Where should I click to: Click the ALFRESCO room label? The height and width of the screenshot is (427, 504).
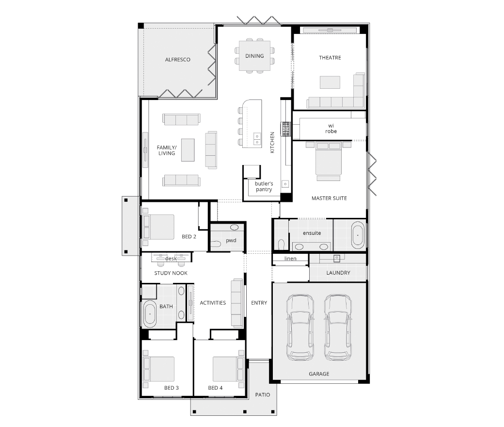(x=177, y=60)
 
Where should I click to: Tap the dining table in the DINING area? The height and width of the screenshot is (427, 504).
(x=254, y=56)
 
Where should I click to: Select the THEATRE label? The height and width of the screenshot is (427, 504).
(x=330, y=58)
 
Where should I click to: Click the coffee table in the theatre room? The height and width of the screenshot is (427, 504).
(x=330, y=82)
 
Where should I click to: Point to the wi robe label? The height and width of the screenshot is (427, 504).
(x=331, y=129)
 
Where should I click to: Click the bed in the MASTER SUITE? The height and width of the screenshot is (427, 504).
(x=328, y=161)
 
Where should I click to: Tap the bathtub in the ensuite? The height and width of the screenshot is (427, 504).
(x=358, y=235)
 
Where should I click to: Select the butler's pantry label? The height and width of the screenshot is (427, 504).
(x=264, y=186)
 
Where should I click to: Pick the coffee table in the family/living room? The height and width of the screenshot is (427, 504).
(x=188, y=150)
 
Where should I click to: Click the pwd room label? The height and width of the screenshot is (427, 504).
(x=231, y=240)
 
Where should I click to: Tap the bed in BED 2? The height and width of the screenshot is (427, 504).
(x=158, y=227)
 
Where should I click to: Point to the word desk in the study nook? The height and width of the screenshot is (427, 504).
(x=171, y=259)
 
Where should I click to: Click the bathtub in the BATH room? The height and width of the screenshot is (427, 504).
(x=150, y=314)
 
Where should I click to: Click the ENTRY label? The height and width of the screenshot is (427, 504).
(x=259, y=303)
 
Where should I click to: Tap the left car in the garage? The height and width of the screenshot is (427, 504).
(x=300, y=327)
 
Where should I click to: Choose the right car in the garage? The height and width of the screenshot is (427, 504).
(x=338, y=327)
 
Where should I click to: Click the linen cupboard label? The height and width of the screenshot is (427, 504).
(x=290, y=259)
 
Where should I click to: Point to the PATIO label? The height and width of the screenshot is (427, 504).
(x=263, y=395)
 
